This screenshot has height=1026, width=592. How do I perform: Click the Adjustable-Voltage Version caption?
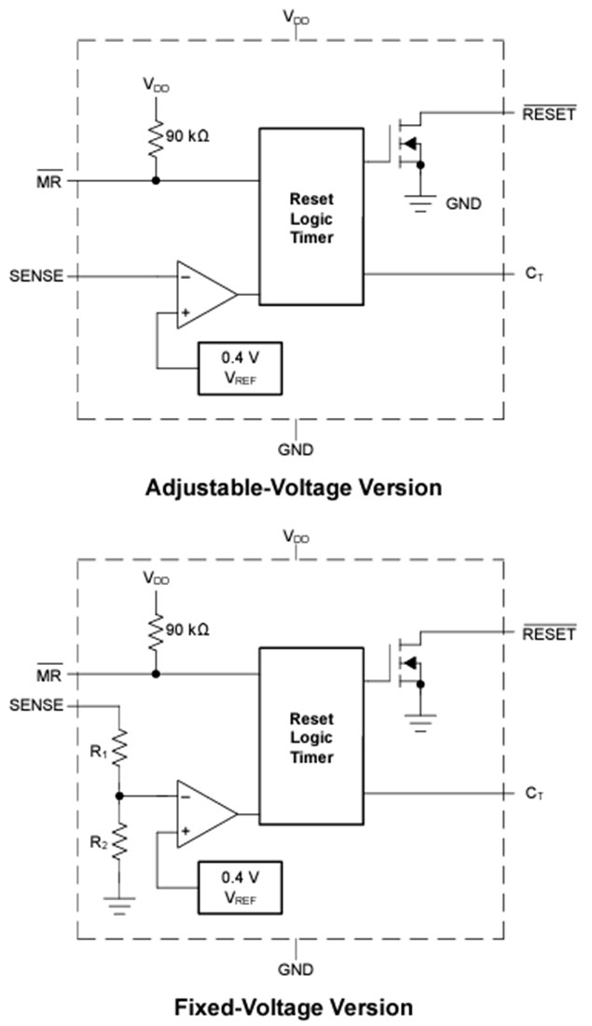pyautogui.click(x=294, y=488)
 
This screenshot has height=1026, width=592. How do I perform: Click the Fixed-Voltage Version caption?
pyautogui.click(x=294, y=1007)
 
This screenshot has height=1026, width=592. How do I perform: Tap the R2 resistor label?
pyautogui.click(x=98, y=842)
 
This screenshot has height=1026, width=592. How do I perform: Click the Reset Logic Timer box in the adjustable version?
pyautogui.click(x=310, y=217)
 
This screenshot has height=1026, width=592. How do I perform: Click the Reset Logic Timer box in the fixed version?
pyautogui.click(x=310, y=737)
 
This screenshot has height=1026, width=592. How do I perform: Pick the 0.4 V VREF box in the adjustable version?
pyautogui.click(x=240, y=367)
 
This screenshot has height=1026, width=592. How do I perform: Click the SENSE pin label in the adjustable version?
pyautogui.click(x=36, y=276)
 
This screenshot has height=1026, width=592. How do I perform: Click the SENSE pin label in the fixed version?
pyautogui.click(x=36, y=705)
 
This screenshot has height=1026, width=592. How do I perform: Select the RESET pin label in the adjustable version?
pyautogui.click(x=548, y=116)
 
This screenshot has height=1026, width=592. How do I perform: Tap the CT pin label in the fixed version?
pyautogui.click(x=534, y=793)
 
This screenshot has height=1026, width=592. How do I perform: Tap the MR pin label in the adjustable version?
pyautogui.click(x=48, y=181)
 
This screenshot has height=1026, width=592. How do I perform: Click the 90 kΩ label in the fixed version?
pyautogui.click(x=187, y=630)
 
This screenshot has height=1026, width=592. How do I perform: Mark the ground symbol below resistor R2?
pyautogui.click(x=119, y=902)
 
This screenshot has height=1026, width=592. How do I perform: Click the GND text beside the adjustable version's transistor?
pyautogui.click(x=463, y=203)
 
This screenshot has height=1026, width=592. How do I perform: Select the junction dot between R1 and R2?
pyautogui.click(x=119, y=796)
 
